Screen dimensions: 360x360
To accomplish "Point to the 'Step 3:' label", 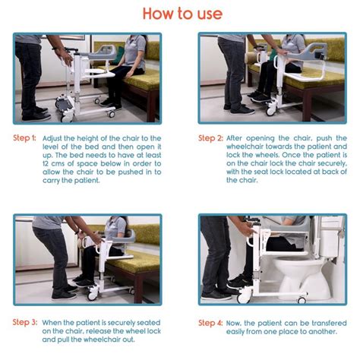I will pyautogui.click(x=24, y=322).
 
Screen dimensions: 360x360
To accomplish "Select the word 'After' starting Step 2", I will pyautogui.click(x=241, y=138).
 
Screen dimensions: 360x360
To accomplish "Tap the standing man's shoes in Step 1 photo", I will pyautogui.click(x=34, y=115).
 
